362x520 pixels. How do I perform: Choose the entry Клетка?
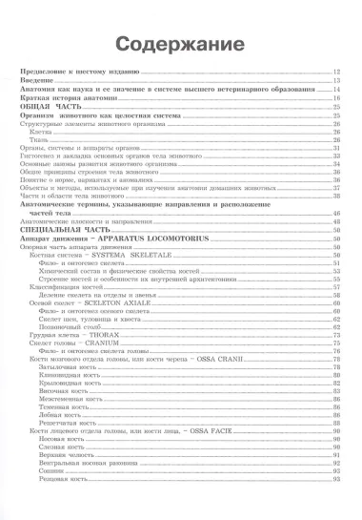(40, 132)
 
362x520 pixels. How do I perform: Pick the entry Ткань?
(39, 140)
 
